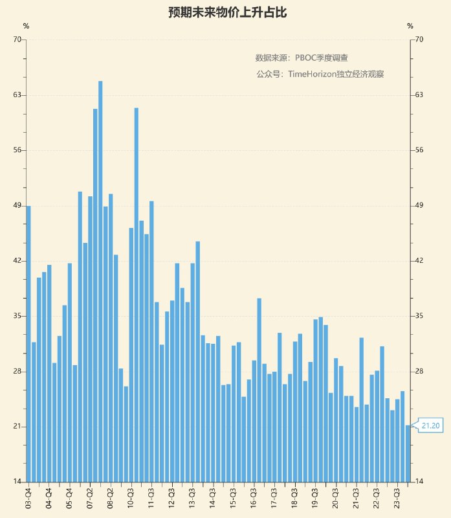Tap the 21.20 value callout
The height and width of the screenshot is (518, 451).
tap(431, 426)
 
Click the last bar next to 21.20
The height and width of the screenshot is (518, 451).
tap(408, 453)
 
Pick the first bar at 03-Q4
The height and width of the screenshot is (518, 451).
tap(28, 343)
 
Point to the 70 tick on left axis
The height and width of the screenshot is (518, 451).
tap(17, 39)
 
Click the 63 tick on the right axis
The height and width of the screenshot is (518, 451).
tap(419, 95)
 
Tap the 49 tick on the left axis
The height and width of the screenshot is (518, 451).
tap(17, 206)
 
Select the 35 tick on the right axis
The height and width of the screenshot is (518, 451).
tap(419, 316)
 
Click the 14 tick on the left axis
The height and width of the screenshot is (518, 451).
tap(17, 482)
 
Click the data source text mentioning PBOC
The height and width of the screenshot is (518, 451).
tap(302, 58)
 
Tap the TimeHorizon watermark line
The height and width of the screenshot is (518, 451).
tap(320, 74)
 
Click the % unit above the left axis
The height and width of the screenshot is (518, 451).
tap(26, 27)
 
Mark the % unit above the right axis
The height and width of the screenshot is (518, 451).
tap(410, 27)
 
